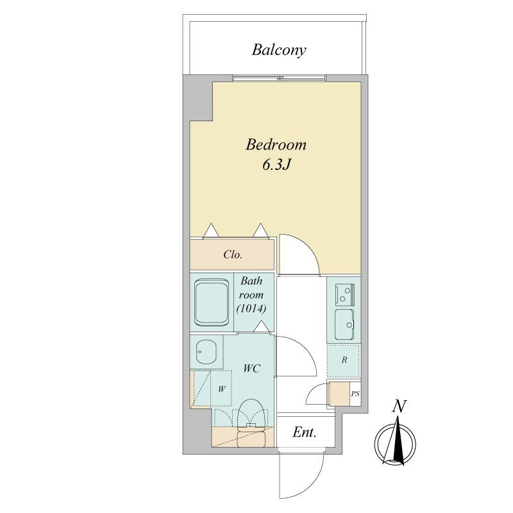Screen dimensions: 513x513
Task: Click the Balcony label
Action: [279, 50]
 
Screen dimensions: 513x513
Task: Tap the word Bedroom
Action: [276, 145]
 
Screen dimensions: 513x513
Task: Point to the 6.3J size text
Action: [276, 165]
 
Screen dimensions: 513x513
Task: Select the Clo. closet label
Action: [233, 255]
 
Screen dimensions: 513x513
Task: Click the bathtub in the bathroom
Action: [212, 302]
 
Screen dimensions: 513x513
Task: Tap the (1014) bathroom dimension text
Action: [251, 308]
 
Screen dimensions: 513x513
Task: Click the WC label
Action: [251, 368]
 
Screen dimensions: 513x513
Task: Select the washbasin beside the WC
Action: [206, 351]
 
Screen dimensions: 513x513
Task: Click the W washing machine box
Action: [221, 389]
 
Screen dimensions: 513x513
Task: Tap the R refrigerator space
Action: [344, 360]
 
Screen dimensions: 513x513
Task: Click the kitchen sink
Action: [344, 324]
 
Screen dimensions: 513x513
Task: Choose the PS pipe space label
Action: [355, 394]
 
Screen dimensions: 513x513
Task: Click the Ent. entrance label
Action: [304, 432]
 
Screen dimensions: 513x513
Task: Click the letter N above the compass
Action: [399, 407]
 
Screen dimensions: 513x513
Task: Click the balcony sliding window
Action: [280, 78]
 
